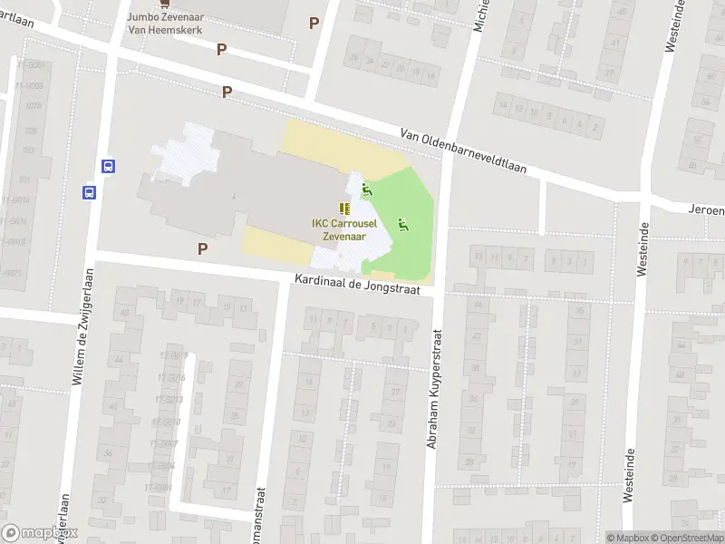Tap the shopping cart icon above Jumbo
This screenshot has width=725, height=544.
[164, 3]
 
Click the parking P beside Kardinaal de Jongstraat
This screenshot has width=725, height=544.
[203, 248]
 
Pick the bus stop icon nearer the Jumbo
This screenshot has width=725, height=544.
[108, 166]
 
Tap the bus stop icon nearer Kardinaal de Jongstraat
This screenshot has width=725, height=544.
[90, 192]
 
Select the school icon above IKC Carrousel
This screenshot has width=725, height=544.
[344, 209]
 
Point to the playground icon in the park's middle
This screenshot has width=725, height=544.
[402, 224]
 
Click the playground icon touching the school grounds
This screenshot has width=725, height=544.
[367, 189]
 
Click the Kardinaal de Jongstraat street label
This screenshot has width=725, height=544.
[363, 284]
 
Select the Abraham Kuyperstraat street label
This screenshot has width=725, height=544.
[433, 390]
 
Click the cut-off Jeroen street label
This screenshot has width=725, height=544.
[705, 209]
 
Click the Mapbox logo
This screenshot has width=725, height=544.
[41, 533]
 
